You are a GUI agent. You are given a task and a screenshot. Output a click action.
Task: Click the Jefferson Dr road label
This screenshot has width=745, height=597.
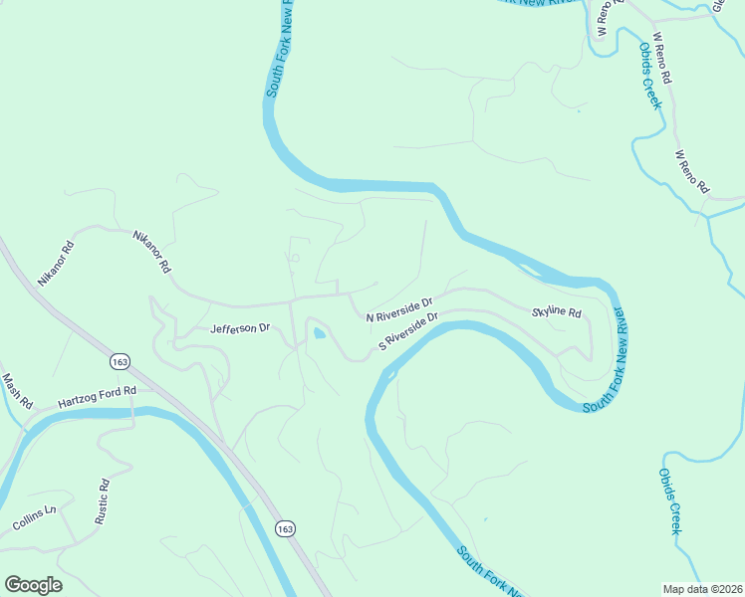(240, 327)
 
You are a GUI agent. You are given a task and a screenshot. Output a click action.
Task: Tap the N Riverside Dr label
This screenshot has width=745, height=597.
(399, 309)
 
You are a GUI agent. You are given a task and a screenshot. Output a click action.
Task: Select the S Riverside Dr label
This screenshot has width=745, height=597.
(408, 332)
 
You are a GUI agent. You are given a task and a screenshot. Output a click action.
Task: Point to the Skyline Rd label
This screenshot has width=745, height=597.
(556, 311)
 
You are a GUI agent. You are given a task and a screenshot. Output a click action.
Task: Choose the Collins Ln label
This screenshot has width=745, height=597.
(37, 517)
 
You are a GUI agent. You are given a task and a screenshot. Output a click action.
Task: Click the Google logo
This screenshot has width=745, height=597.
(33, 585)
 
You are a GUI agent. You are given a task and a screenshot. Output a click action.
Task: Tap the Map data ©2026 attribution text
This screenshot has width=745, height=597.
(702, 589)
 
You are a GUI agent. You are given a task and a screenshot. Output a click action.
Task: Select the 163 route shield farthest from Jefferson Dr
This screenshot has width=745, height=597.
(286, 527)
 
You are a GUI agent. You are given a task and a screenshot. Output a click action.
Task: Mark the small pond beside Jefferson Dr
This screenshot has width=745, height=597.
(318, 333)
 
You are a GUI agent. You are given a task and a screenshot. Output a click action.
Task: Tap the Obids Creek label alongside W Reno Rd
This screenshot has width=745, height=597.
(651, 75)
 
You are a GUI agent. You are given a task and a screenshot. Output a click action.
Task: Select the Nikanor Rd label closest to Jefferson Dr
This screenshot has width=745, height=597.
(152, 252)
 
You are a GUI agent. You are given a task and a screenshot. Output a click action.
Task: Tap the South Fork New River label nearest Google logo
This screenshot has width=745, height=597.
(489, 571)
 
